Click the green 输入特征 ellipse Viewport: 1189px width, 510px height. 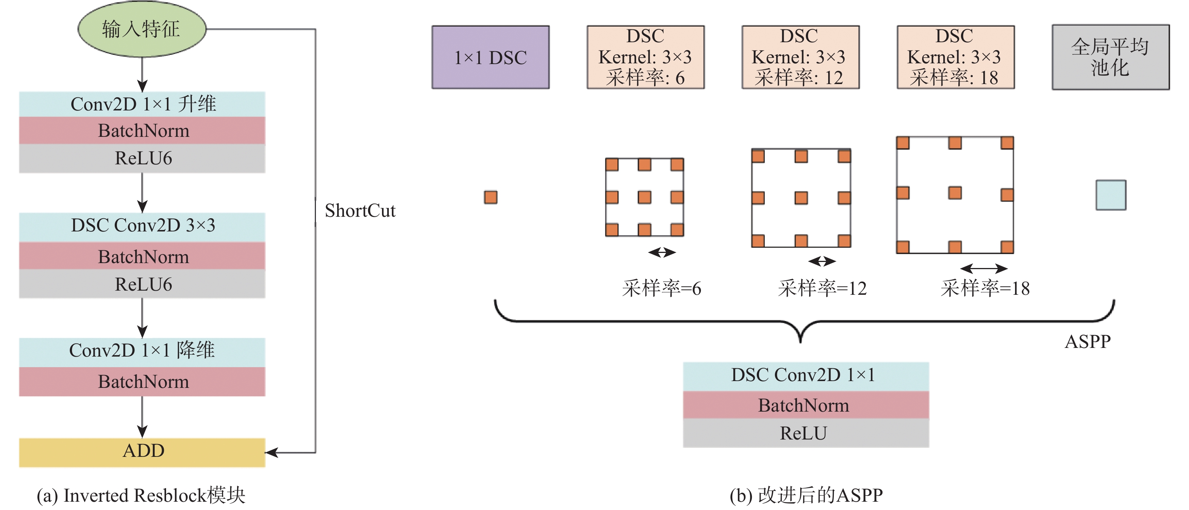coord(142,29)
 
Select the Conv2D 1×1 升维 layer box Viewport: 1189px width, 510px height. coord(142,104)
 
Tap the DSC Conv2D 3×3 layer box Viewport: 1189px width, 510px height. coord(142,226)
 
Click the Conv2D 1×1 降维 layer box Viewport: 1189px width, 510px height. coord(142,351)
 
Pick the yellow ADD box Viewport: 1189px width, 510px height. coord(142,452)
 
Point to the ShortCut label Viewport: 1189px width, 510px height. coord(360,211)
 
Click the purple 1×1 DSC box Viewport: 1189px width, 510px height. coord(490,57)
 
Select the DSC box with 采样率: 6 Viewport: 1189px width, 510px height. coord(645,57)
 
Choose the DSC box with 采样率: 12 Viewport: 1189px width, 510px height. coord(800,57)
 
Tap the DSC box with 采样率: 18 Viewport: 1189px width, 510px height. coord(955,57)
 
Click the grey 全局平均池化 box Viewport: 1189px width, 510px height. coord(1110,57)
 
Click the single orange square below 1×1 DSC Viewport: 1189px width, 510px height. coord(490,198)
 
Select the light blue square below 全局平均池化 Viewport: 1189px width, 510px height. coord(1110,195)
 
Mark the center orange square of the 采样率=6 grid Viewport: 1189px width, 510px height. coord(644,198)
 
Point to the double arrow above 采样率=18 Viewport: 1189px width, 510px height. coord(984,268)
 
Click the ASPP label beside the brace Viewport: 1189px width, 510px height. coord(1087,342)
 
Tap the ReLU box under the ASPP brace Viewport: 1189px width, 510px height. coord(806,433)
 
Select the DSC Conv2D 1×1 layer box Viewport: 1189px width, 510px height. coord(806,375)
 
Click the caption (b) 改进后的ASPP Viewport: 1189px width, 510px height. coord(806,495)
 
